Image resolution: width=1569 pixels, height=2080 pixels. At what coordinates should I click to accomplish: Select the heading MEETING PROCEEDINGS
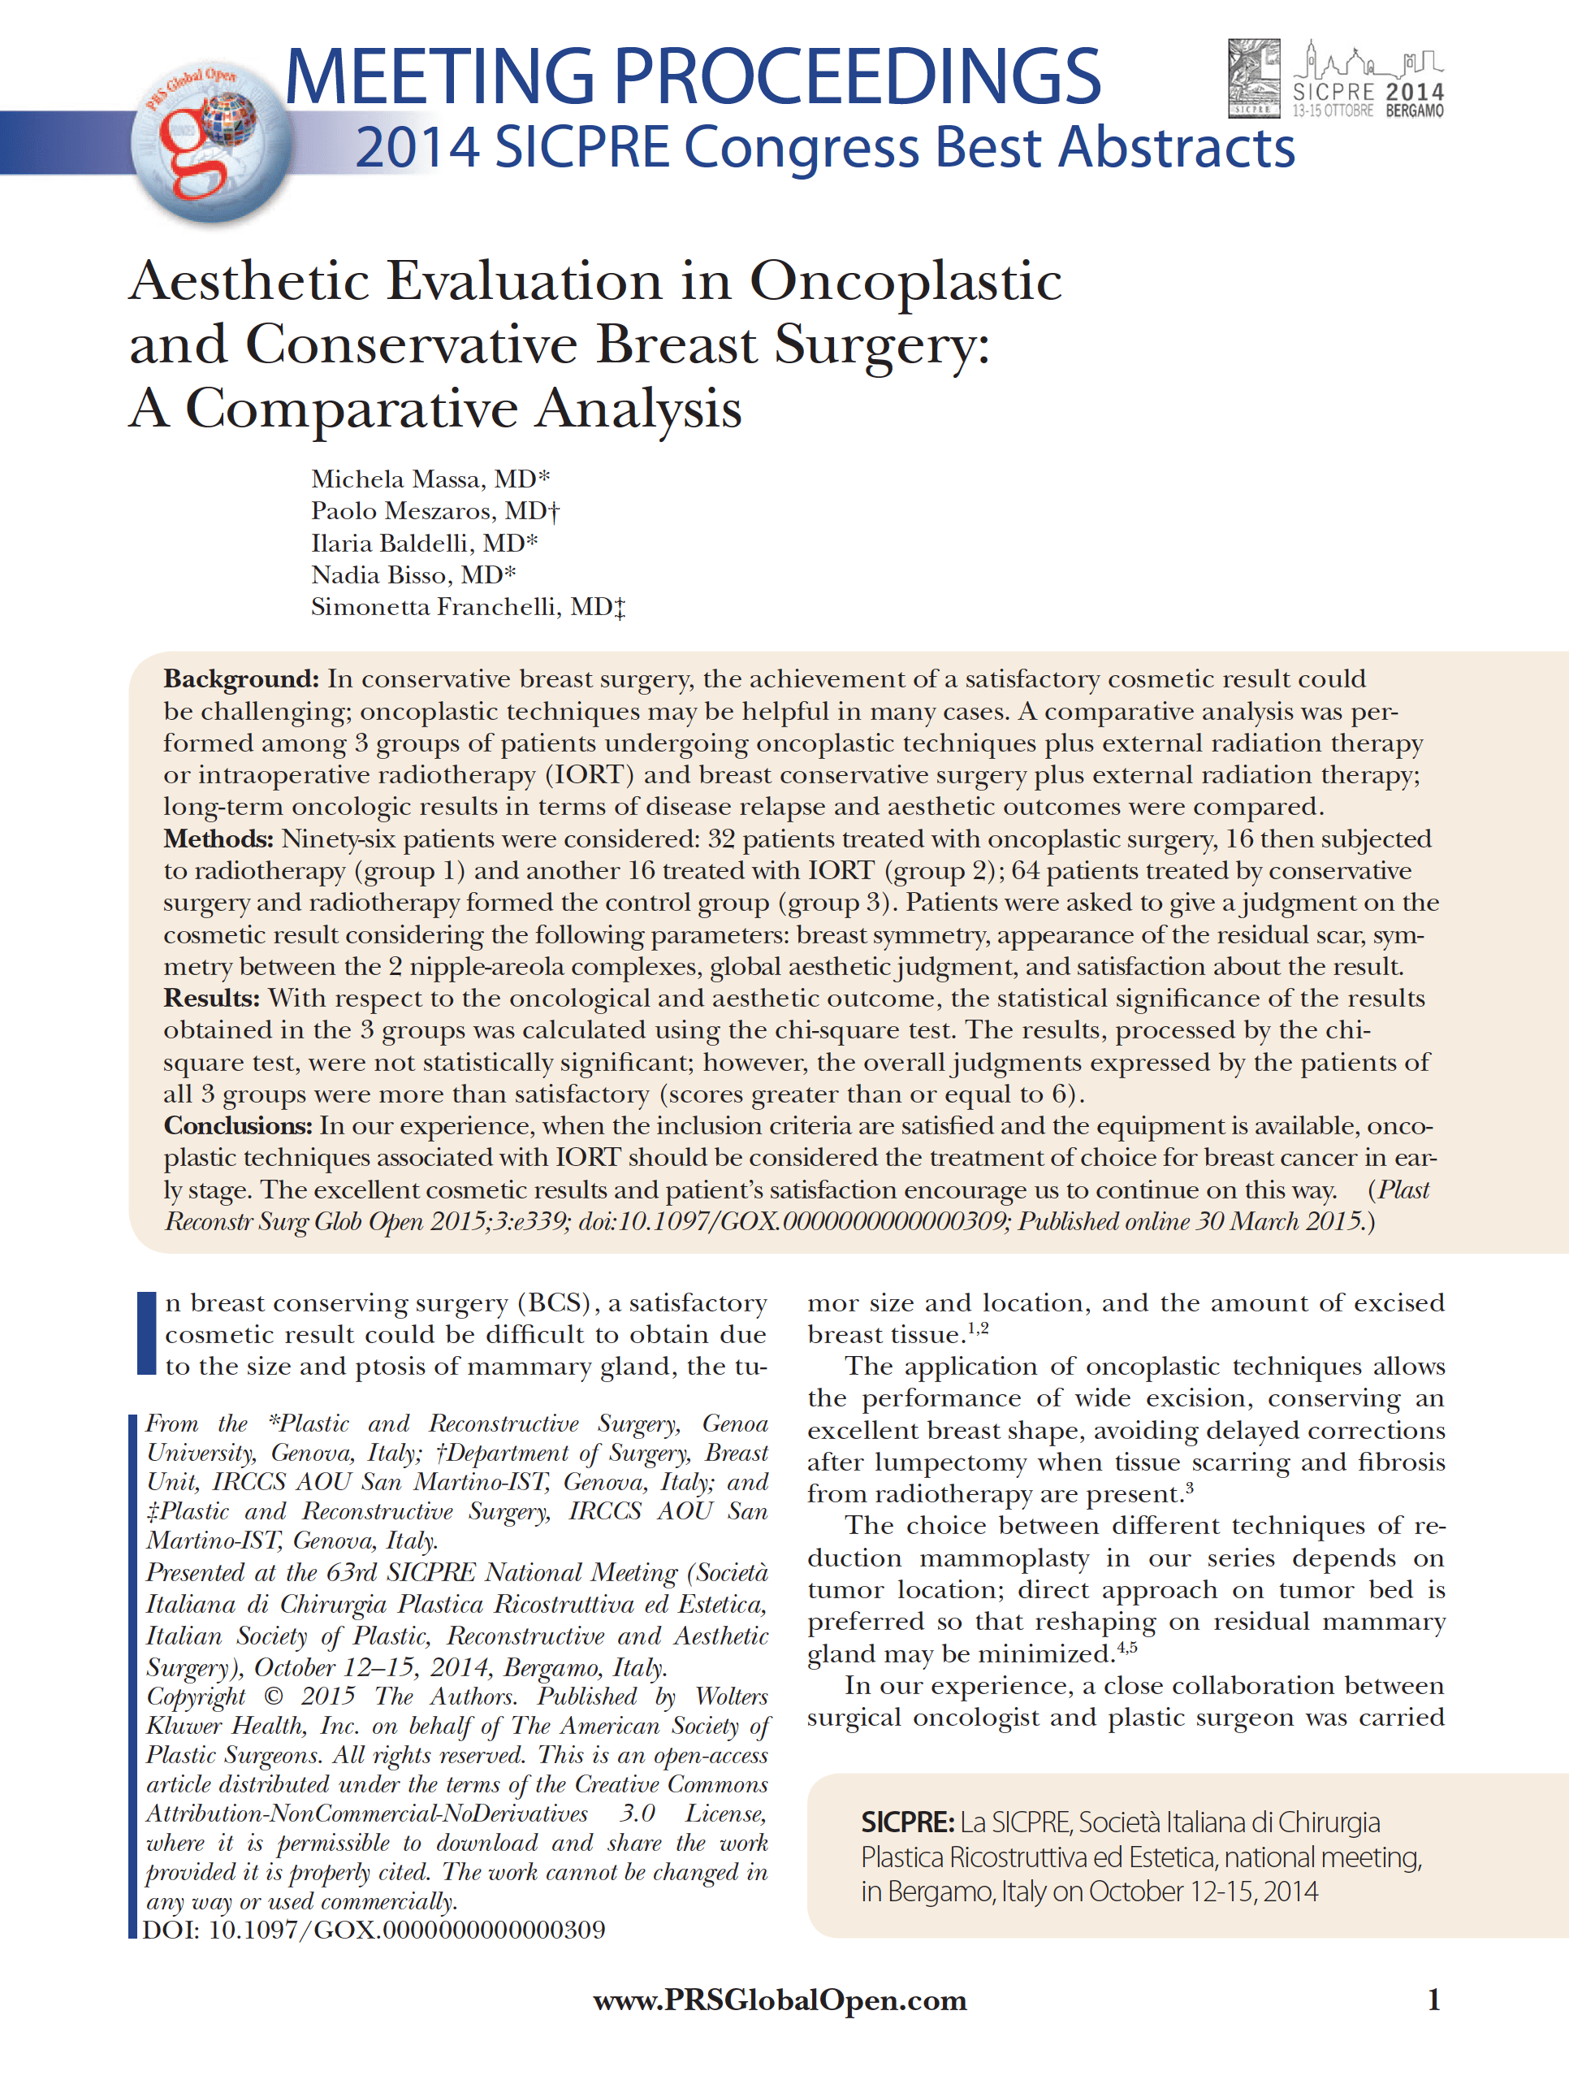point(692,77)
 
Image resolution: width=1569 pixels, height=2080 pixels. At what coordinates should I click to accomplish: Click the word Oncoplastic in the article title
point(906,281)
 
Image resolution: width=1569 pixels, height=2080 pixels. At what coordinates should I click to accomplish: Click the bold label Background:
point(241,679)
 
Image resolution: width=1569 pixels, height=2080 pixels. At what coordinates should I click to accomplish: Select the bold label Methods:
point(218,838)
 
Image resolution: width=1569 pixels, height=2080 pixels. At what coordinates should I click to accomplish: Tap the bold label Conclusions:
point(238,1125)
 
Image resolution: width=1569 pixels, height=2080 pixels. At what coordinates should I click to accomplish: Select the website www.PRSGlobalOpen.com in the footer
point(780,2001)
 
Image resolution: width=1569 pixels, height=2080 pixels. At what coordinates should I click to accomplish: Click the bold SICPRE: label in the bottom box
point(907,1822)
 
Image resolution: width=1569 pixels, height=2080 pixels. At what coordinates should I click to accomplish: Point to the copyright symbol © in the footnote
point(274,1697)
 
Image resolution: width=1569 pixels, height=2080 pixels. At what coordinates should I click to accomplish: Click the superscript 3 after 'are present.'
point(1189,1487)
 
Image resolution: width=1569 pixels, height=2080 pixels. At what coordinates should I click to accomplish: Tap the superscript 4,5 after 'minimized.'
point(1126,1646)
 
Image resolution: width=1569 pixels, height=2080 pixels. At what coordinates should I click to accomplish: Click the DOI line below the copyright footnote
point(374,1930)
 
